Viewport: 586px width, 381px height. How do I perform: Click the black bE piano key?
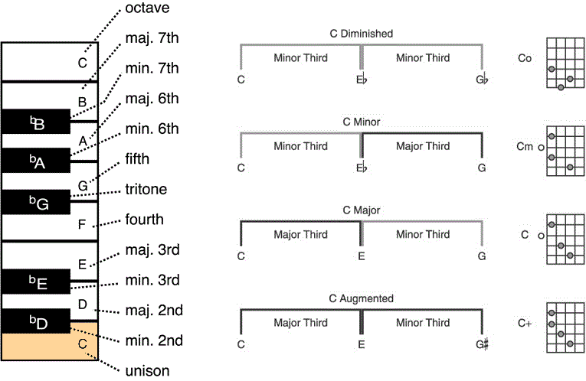point(35,282)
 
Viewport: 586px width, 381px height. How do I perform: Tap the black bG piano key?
point(35,202)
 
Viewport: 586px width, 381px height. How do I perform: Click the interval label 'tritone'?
point(146,189)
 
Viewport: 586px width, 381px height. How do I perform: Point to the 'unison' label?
point(147,371)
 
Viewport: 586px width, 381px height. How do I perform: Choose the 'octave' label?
point(147,8)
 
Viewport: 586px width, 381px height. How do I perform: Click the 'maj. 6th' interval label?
point(152,99)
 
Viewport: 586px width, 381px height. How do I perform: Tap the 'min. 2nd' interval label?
point(154,340)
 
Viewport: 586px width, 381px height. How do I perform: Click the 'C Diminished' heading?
point(362,34)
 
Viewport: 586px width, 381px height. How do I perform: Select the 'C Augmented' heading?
point(362,298)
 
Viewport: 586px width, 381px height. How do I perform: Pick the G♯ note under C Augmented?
point(482,344)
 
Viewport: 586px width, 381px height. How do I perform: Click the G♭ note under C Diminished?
point(482,79)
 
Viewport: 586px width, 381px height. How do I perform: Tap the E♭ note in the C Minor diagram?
point(362,168)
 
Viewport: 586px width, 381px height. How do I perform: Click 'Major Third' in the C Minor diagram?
point(423,146)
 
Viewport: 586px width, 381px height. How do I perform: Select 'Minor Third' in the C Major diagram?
point(423,234)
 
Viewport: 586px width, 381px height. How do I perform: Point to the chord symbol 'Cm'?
point(525,146)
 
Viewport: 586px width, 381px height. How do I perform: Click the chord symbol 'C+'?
point(525,323)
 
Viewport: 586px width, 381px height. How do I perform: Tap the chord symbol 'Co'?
point(525,58)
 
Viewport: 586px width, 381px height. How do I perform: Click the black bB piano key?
point(35,122)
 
